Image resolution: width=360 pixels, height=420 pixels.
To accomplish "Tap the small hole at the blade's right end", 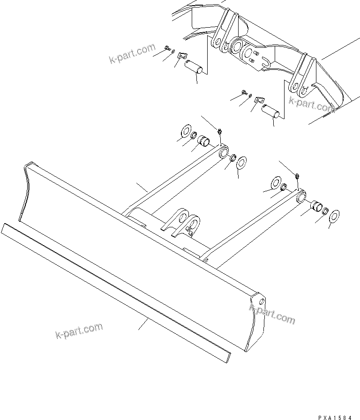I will tap(261, 300).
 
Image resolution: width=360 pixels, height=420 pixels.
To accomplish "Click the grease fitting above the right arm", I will tap(298, 175).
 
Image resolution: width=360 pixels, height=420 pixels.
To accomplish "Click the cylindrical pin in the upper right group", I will tap(270, 114).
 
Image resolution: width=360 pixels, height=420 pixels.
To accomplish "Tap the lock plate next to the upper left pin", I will tap(183, 57).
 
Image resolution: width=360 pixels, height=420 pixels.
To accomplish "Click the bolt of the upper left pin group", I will tap(167, 47).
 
